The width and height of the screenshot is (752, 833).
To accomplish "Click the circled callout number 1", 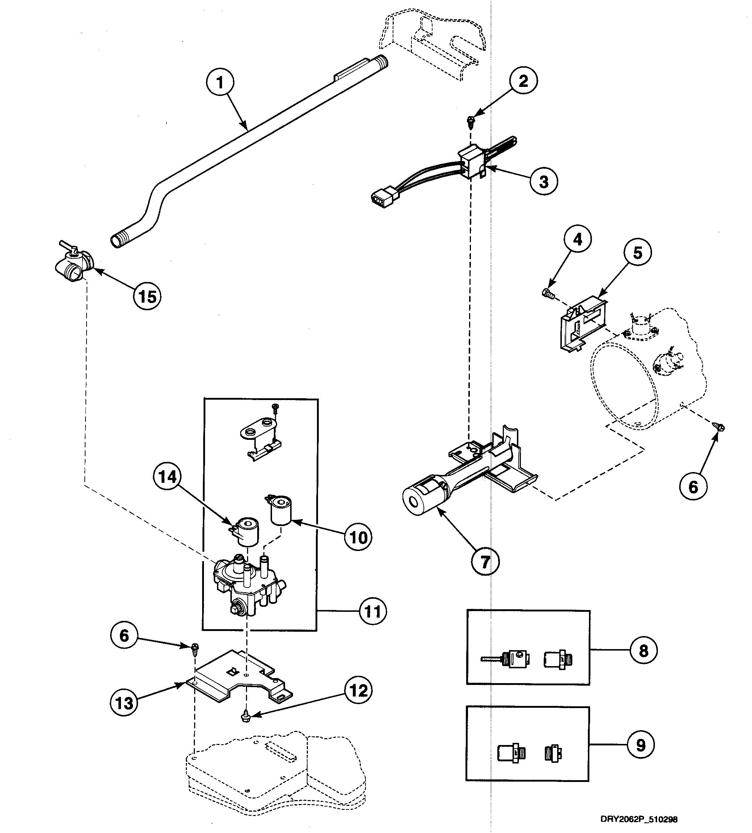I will (x=220, y=83).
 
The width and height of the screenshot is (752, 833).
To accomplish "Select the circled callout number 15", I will (x=147, y=296).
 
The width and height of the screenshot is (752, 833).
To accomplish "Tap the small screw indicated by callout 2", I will (x=470, y=121).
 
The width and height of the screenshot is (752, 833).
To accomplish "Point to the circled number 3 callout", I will (x=544, y=181).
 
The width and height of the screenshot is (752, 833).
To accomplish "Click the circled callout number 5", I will (x=638, y=253).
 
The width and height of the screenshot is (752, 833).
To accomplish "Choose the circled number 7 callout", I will (x=485, y=561).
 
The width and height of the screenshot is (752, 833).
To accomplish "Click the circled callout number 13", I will (x=124, y=703).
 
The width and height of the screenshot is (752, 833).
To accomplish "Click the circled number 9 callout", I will (x=640, y=745).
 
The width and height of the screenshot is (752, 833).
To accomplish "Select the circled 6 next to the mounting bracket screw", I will (x=124, y=635).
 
